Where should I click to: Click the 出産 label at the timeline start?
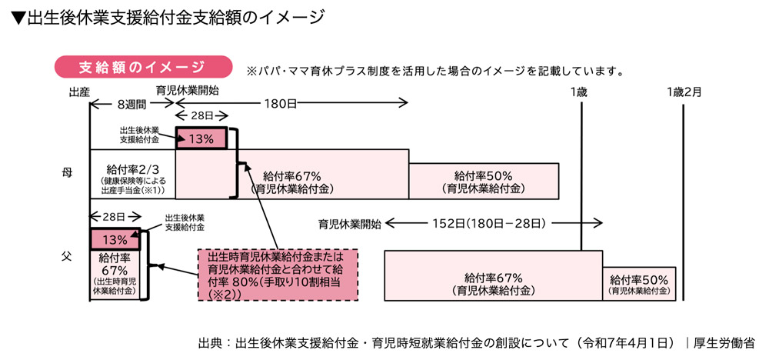pyautogui.click(x=79, y=91)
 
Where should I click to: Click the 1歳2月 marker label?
pyautogui.click(x=684, y=91)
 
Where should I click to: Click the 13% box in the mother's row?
pyautogui.click(x=201, y=138)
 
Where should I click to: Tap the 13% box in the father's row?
pyautogui.click(x=115, y=239)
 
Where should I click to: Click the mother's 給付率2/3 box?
pyautogui.click(x=132, y=178)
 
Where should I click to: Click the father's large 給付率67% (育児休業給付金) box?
pyautogui.click(x=493, y=282)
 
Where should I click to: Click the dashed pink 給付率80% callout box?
pyautogui.click(x=278, y=273)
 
